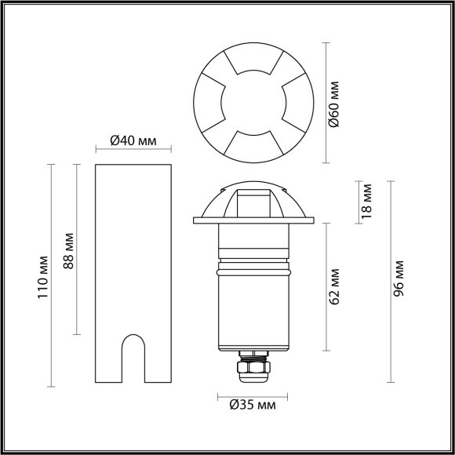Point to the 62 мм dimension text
(334, 286)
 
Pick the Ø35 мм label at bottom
(246, 406)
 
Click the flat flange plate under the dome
(253, 222)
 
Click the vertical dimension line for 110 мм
(53, 276)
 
